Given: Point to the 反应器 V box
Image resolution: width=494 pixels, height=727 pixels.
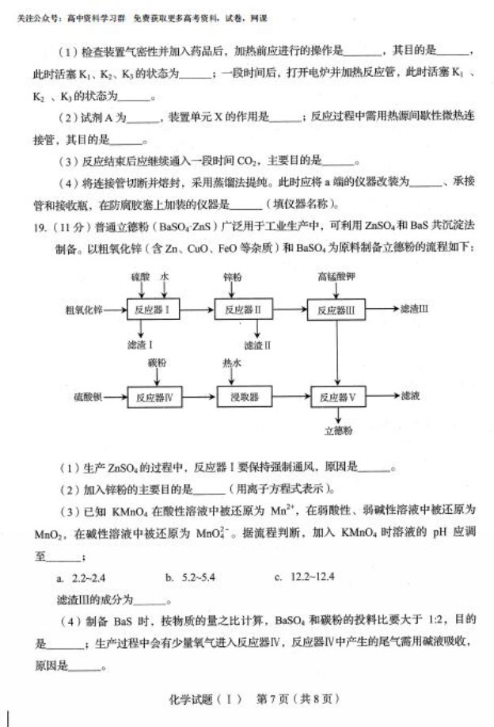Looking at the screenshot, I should pyautogui.click(x=337, y=396).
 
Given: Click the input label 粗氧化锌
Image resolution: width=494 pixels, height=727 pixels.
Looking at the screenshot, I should pyautogui.click(x=85, y=310).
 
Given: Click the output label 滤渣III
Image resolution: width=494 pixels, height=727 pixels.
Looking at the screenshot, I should pyautogui.click(x=414, y=308).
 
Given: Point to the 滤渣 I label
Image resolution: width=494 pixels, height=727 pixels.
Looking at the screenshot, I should pyautogui.click(x=139, y=345).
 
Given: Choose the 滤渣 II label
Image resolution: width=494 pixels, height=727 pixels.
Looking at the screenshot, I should pyautogui.click(x=257, y=345).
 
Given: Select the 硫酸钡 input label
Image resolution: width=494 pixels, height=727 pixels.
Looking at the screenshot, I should pyautogui.click(x=85, y=396).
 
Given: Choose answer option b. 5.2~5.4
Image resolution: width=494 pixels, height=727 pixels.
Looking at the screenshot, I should pyautogui.click(x=192, y=577).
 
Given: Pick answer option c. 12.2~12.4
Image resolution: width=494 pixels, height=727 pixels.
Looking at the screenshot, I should pyautogui.click(x=305, y=577).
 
